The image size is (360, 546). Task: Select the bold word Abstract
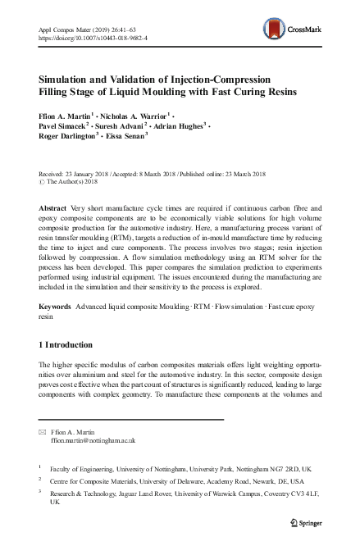point(53,209)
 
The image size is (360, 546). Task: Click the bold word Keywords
point(55,305)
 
